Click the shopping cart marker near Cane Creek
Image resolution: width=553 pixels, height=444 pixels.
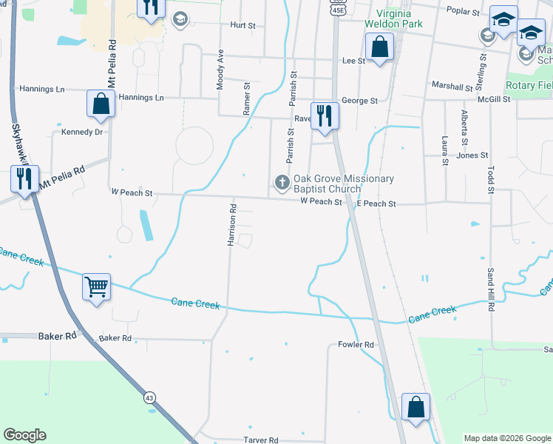click(97, 286)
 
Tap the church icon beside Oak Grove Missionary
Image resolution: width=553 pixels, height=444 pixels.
click(282, 181)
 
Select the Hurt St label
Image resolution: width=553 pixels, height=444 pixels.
click(242, 25)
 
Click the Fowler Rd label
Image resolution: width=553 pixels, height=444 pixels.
click(356, 345)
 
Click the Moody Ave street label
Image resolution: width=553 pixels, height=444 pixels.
click(220, 70)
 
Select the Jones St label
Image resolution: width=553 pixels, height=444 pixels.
click(472, 155)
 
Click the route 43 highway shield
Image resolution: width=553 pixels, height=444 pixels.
click(149, 397)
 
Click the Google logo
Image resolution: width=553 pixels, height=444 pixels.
click(24, 435)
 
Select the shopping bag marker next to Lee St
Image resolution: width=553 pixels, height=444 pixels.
click(379, 47)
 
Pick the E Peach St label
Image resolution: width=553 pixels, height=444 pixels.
click(376, 203)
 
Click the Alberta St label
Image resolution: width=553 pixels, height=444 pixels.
click(464, 127)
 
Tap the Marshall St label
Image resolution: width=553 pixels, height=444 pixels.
click(452, 87)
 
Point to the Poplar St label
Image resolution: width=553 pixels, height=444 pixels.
click(464, 10)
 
